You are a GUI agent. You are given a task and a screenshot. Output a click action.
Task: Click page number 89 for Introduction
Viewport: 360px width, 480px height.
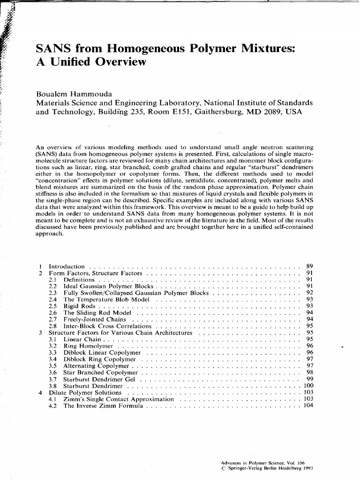click(309, 266)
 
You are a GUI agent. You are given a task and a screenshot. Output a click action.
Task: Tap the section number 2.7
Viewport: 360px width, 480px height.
click(53, 319)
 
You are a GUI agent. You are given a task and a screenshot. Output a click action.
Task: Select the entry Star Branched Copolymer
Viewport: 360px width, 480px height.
click(97, 373)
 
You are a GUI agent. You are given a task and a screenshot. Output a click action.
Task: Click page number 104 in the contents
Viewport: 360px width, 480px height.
click(308, 406)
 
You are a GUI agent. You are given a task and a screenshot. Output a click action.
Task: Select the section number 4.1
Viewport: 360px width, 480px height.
click(53, 399)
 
